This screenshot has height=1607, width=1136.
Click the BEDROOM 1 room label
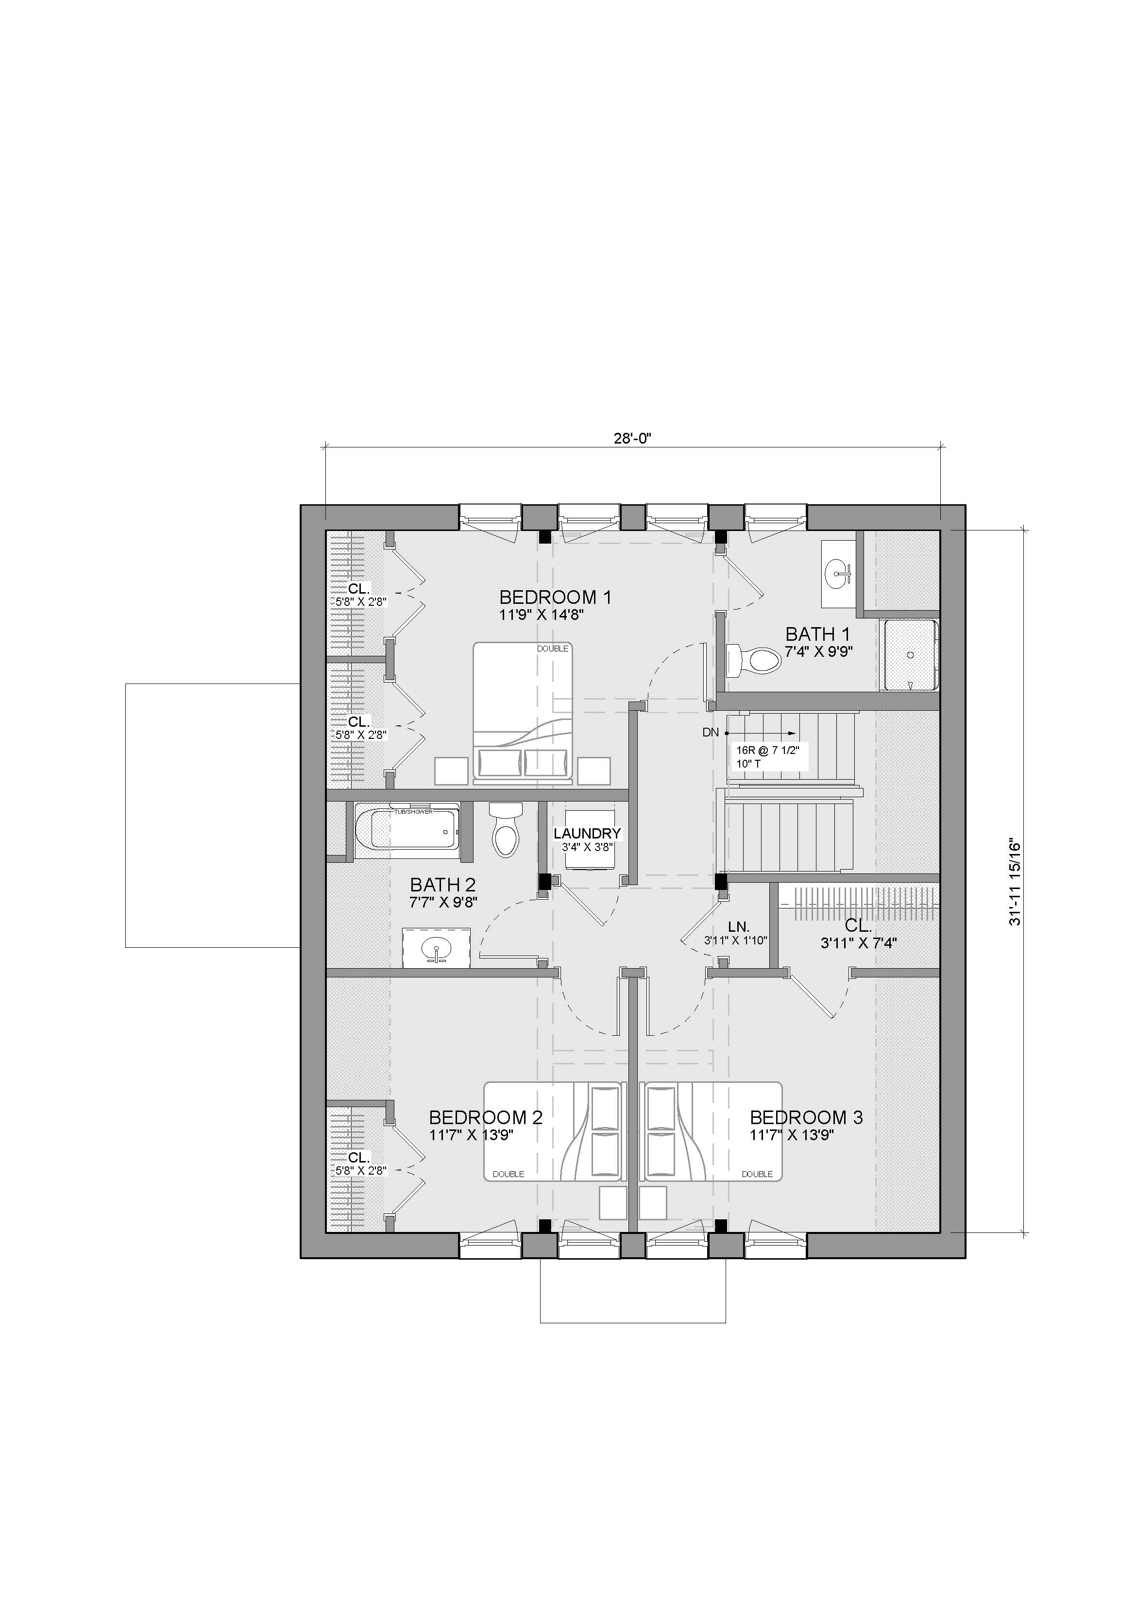[555, 597]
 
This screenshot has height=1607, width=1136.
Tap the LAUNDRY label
[587, 834]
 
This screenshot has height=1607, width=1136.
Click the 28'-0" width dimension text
[633, 439]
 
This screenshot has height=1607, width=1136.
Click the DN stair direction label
[711, 733]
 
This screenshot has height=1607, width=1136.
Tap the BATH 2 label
[443, 885]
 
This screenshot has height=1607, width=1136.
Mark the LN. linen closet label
[738, 927]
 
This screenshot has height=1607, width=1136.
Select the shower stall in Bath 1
[910, 654]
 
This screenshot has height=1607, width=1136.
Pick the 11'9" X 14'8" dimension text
[542, 615]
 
